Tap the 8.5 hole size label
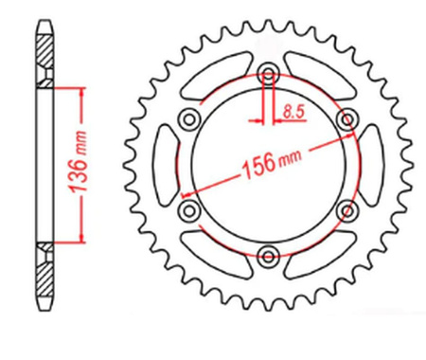point(292,113)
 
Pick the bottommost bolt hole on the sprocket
point(269,254)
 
